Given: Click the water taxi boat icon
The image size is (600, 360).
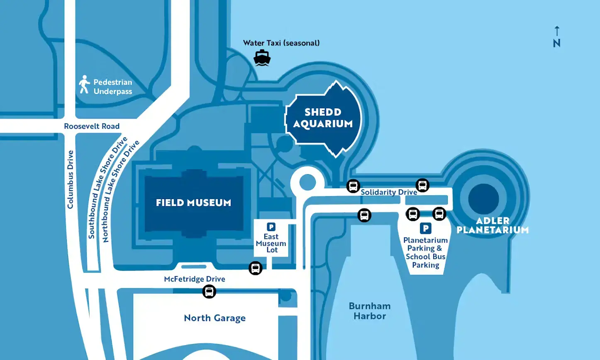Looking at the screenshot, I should (262, 58).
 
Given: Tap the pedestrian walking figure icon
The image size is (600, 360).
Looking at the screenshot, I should (85, 84).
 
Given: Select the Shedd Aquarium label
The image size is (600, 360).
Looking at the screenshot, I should (323, 118).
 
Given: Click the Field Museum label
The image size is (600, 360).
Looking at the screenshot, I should (193, 203).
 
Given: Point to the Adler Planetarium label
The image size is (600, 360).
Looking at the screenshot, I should (493, 225).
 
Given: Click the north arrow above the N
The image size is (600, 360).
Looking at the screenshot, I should (557, 31).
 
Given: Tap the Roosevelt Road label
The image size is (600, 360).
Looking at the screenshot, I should (92, 126).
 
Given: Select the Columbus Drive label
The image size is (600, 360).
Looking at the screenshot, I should (70, 179).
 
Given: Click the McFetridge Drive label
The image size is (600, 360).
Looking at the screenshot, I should (195, 279).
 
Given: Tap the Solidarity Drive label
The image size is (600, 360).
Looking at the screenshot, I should (389, 192).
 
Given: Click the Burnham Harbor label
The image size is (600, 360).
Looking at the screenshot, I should (370, 311).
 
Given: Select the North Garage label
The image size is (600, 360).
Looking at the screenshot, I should (215, 318).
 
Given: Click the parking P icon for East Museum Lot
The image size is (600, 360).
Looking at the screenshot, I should (271, 227).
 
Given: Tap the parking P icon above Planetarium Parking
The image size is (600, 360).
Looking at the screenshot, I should (425, 228).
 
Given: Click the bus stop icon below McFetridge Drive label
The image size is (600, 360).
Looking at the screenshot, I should (209, 292).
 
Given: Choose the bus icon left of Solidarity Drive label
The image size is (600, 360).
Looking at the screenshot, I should (353, 186).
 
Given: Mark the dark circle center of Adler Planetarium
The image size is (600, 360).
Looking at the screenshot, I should (483, 199).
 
